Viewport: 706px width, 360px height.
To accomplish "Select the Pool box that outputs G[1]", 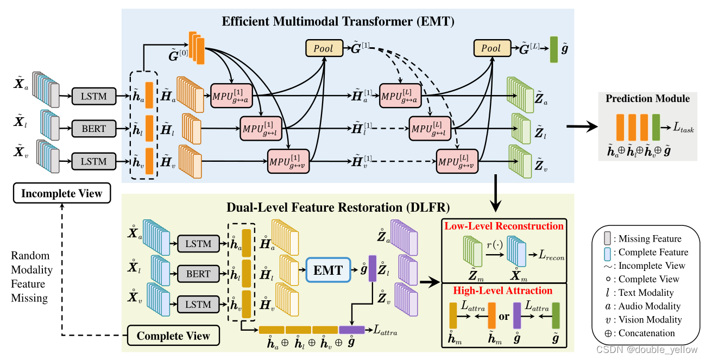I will [324, 48].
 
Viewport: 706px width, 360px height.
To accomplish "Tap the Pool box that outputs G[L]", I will [491, 48].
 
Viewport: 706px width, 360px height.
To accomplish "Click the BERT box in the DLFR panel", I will [198, 274].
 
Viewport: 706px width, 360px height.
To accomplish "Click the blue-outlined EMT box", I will [328, 270].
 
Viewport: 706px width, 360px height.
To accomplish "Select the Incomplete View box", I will [61, 193].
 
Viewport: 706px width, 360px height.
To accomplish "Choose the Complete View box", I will [173, 336].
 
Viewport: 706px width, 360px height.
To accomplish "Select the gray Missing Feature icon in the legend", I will [608, 238].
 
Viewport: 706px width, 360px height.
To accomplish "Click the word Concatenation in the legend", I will [646, 333].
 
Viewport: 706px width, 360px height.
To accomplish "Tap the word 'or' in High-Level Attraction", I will [504, 316].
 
